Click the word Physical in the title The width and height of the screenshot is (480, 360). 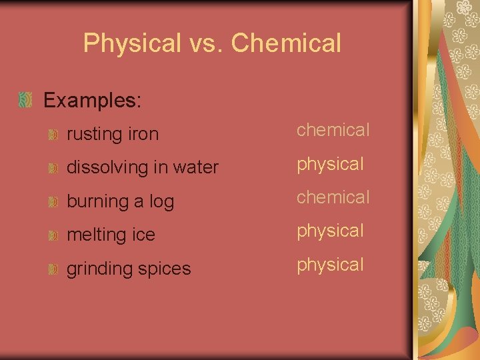point(132,44)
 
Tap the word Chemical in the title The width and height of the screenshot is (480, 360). point(287,43)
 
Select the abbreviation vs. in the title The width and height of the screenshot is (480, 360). point(206,44)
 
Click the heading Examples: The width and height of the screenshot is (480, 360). point(93,101)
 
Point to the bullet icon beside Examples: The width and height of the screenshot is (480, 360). point(25,101)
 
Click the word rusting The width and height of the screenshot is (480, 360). point(93,135)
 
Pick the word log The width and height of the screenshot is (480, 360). point(161,202)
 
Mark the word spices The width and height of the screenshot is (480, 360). point(165,269)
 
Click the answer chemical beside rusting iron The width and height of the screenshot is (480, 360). point(333,130)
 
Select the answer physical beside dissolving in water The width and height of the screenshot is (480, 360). point(330,164)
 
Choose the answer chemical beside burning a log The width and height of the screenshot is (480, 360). point(333,197)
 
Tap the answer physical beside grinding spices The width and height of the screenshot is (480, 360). point(330,265)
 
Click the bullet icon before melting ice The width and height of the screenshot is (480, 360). point(53,235)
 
